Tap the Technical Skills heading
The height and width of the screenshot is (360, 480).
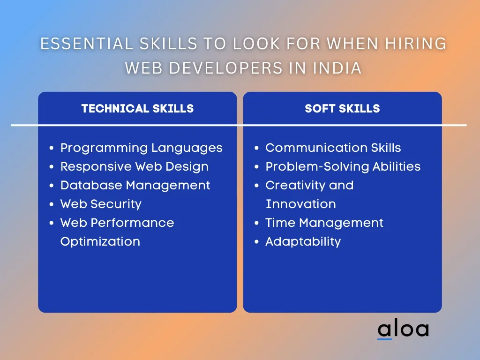click(x=137, y=109)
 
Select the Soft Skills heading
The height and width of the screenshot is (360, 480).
click(x=342, y=109)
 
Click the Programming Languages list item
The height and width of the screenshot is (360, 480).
click(x=141, y=148)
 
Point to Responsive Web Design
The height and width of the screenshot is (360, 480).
click(x=135, y=167)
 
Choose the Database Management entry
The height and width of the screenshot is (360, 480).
click(x=135, y=186)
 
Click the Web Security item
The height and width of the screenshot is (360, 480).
click(x=101, y=204)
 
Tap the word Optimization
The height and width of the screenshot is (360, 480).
click(x=100, y=242)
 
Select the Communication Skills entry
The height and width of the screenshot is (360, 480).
click(x=333, y=148)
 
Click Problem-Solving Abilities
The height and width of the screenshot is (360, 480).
click(x=343, y=167)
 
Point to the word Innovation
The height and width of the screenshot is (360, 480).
click(x=300, y=204)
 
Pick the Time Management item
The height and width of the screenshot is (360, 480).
click(x=324, y=223)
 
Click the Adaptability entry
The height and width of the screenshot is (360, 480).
click(x=303, y=242)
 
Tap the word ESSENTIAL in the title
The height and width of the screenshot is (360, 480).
click(x=87, y=44)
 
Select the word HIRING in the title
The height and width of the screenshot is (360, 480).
click(x=416, y=44)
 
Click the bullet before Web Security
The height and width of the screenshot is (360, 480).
click(x=52, y=204)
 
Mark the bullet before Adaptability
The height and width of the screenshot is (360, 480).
click(x=256, y=242)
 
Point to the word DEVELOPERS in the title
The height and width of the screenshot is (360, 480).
click(x=225, y=68)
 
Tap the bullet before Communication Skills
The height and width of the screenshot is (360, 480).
click(x=256, y=148)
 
